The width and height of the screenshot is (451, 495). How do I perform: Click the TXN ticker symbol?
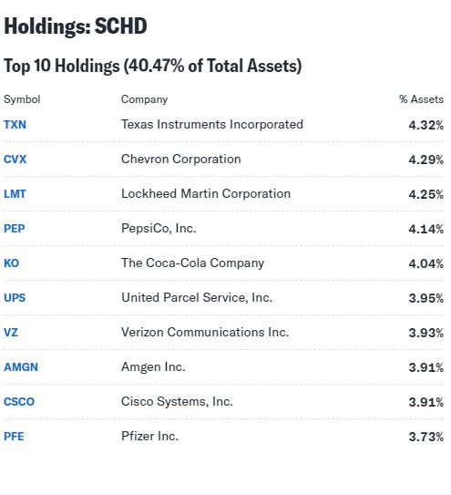pos(15,124)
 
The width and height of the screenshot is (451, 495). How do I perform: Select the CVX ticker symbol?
pos(15,159)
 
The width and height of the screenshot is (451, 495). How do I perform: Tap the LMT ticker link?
pos(15,193)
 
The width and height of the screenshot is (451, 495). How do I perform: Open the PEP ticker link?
pos(15,228)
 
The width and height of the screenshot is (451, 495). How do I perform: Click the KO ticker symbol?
pos(11,263)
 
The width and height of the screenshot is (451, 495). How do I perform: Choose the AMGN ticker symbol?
pos(21,366)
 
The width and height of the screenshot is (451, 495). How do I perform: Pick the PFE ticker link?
pos(14,436)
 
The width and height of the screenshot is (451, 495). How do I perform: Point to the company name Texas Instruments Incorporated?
pos(211,124)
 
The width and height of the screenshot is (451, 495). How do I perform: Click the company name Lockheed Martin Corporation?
pos(206,193)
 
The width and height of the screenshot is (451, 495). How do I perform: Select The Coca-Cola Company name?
pos(192,263)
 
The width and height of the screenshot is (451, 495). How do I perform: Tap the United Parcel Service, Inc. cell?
pos(196,297)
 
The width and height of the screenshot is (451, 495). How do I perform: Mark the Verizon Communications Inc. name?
pos(204,332)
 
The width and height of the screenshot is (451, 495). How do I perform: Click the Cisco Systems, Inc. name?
pos(177,401)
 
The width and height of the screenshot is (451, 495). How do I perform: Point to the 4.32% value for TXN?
pos(425,125)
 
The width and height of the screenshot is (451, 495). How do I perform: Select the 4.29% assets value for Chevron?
pos(425,160)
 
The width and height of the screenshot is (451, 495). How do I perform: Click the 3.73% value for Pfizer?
pos(425,437)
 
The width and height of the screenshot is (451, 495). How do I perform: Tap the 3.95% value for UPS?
pos(425,298)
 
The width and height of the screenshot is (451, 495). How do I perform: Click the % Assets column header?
pos(420,99)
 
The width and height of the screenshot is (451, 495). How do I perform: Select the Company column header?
pos(144,99)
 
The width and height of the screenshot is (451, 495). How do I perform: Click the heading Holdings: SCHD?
pos(75,26)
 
